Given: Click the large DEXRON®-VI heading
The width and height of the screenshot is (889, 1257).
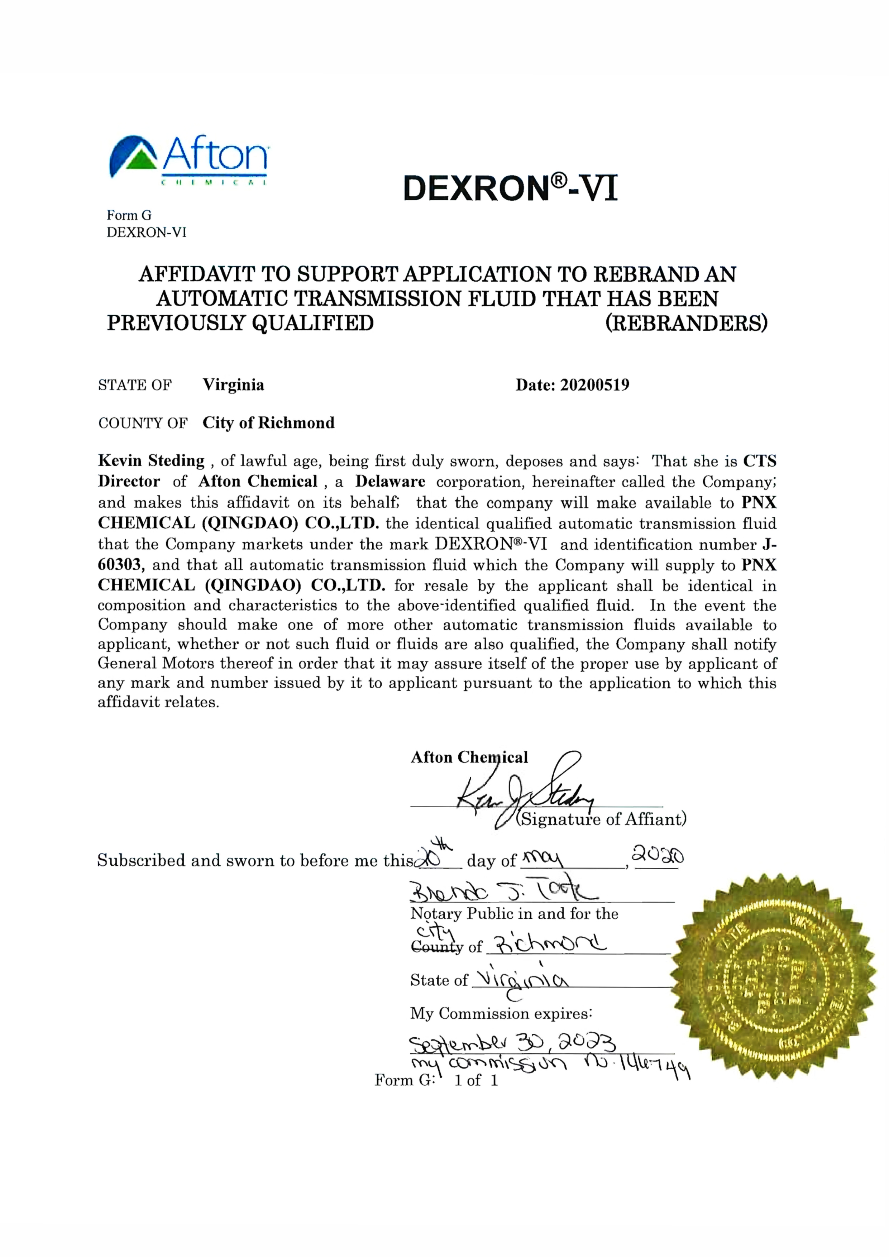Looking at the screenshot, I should (510, 188).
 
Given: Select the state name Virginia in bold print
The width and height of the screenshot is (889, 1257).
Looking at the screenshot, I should (233, 385).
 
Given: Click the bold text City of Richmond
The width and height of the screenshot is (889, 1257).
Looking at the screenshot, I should (268, 423).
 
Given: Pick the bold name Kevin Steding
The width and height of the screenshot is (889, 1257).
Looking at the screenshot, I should (151, 460).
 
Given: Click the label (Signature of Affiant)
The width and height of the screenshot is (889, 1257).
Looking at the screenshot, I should (601, 819).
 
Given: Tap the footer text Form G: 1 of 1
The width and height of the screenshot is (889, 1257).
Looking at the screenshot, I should (436, 1080).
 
